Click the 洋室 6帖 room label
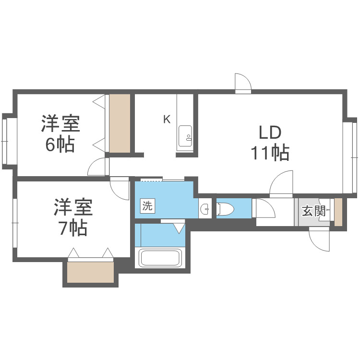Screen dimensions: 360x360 (x=60, y=134)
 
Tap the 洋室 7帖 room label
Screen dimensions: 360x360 (x=72, y=217)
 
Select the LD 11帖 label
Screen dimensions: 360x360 (x=269, y=143)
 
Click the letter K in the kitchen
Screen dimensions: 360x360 (x=167, y=120)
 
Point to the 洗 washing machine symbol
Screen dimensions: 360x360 (x=147, y=206)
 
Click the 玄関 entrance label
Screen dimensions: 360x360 (x=314, y=211)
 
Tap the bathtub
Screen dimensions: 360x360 (x=160, y=258)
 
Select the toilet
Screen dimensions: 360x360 (x=225, y=209)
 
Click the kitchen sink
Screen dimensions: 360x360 (x=185, y=136)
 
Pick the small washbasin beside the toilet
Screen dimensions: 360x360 (x=205, y=209)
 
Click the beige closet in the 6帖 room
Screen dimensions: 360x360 (x=120, y=123)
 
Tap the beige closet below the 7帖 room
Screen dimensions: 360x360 (x=90, y=273)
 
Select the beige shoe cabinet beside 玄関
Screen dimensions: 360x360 (x=338, y=212)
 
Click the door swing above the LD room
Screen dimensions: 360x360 (x=243, y=83)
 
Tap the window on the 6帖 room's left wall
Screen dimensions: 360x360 (x=6, y=141)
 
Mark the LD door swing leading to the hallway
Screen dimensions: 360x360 (x=282, y=184)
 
